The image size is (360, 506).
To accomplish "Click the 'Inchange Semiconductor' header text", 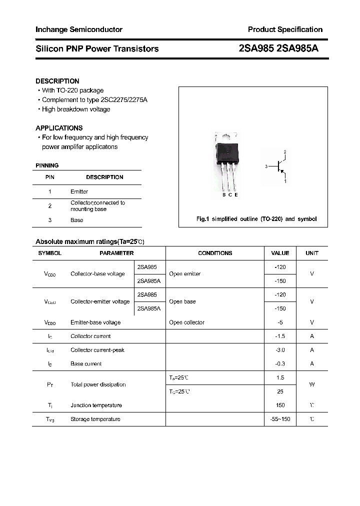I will point(79,29).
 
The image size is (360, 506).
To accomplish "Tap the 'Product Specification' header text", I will point(285,29).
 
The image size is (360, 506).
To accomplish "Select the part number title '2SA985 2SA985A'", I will point(279,48).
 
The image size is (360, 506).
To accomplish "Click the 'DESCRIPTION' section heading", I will point(57,81).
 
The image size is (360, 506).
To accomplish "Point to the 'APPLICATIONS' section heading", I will point(59,128).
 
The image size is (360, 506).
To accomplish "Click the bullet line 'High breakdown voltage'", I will point(75,109).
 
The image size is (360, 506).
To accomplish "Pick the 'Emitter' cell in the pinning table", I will point(79,191).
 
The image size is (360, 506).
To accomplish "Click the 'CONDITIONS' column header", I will point(215,253).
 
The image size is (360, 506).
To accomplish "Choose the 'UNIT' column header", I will point(312,253).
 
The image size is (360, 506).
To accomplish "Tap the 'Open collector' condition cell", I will point(186,322).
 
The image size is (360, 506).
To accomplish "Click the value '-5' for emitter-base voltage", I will point(280,322).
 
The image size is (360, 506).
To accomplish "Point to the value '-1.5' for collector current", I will point(280,336).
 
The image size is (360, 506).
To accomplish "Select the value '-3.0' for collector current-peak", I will point(280,350).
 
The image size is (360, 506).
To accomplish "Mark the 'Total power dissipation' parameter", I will point(98,384).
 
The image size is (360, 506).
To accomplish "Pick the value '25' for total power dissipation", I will point(280,391).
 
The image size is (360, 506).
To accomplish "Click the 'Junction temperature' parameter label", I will point(96,405).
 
